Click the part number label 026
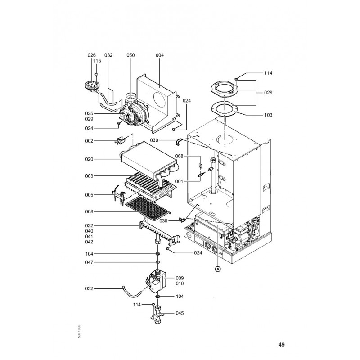[x=92, y=55]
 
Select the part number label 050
[x=130, y=55]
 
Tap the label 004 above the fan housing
[x=160, y=55]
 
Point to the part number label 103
[x=268, y=115]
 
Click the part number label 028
[x=268, y=93]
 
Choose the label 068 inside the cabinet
[x=179, y=156]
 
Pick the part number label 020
[x=89, y=159]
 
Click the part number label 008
[x=89, y=211]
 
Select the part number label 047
[x=89, y=262]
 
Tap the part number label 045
[x=180, y=313]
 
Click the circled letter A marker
[x=218, y=269]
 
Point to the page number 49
[x=282, y=344]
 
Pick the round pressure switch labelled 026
[x=92, y=86]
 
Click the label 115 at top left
[x=97, y=61]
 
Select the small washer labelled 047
[x=158, y=262]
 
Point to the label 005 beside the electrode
[x=89, y=195]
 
